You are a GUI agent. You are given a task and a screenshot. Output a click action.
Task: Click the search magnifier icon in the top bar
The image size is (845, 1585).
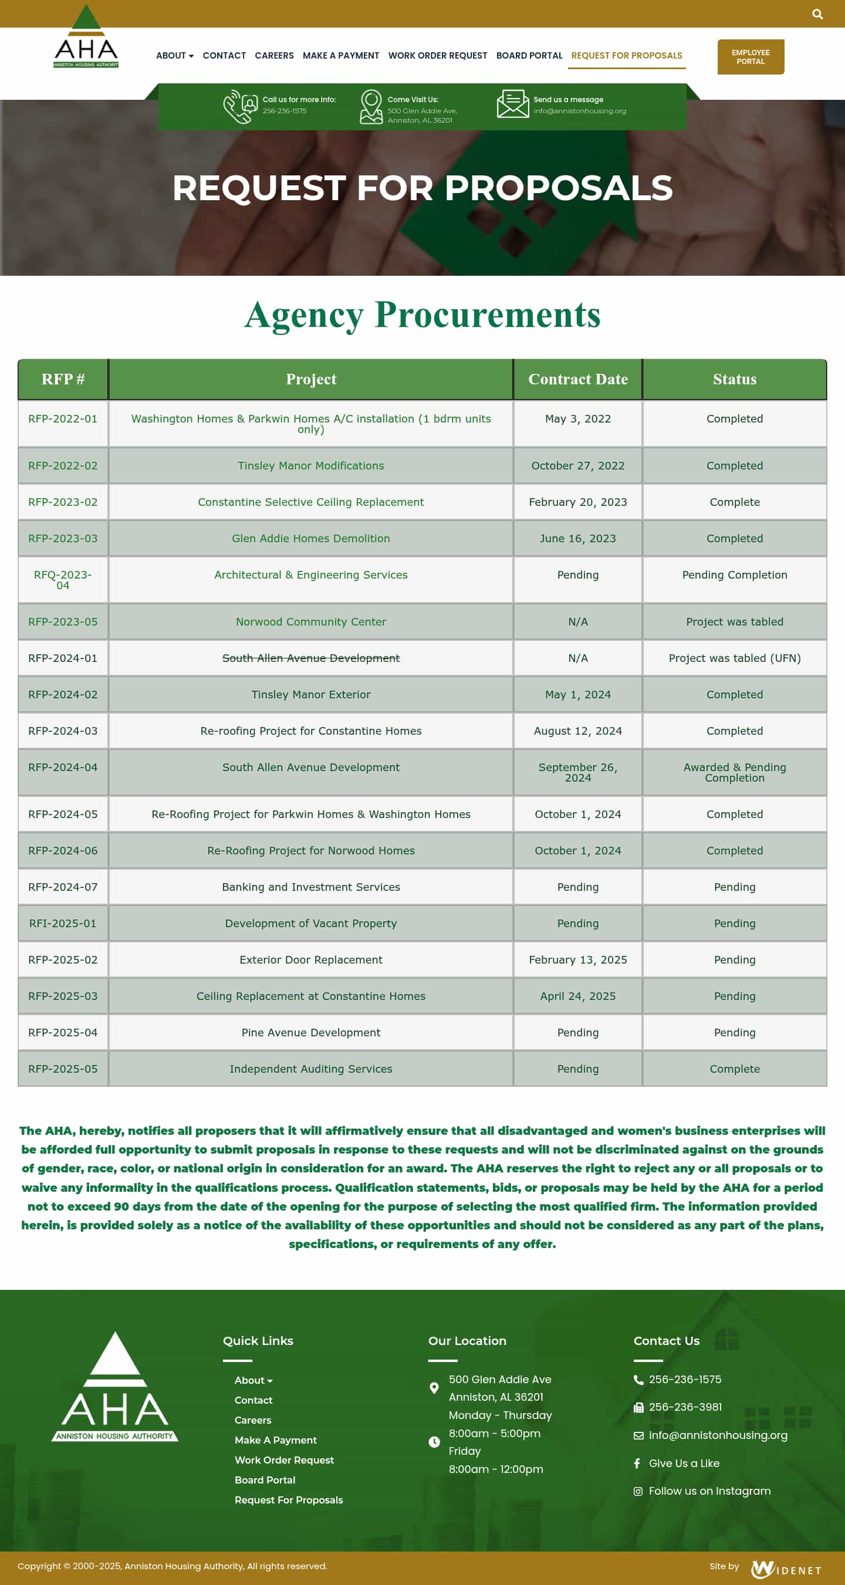click(x=817, y=14)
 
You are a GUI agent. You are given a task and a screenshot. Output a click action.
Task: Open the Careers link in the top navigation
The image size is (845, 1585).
click(x=274, y=55)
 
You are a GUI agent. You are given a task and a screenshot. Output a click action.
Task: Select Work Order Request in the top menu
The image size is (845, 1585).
click(x=437, y=55)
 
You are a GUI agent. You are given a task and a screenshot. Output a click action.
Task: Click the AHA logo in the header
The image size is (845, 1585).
click(x=86, y=38)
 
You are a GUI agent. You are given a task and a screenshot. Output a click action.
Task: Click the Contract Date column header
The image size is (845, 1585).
click(x=577, y=379)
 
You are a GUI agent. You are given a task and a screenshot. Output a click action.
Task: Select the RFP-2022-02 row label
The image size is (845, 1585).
click(x=63, y=466)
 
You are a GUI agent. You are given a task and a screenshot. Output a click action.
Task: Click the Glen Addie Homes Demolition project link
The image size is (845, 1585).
click(x=311, y=538)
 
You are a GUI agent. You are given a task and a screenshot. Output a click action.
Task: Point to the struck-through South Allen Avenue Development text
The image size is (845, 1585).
click(x=311, y=658)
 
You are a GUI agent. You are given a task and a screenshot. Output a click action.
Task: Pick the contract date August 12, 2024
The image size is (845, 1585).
click(x=577, y=731)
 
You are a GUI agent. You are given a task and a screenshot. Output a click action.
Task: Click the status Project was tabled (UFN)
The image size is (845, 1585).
click(x=734, y=658)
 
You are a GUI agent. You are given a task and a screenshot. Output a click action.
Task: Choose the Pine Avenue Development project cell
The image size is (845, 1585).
click(x=311, y=1032)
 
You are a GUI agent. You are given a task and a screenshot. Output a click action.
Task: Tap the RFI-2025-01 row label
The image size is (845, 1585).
click(x=63, y=924)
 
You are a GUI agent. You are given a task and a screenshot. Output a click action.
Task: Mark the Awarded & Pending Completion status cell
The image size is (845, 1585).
click(x=734, y=772)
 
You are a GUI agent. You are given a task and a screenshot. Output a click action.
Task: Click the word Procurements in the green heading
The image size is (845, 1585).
click(x=487, y=315)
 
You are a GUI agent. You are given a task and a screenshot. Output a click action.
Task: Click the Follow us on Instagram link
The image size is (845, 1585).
click(x=709, y=1491)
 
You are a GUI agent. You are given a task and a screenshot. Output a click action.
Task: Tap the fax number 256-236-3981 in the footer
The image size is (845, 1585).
click(x=685, y=1407)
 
